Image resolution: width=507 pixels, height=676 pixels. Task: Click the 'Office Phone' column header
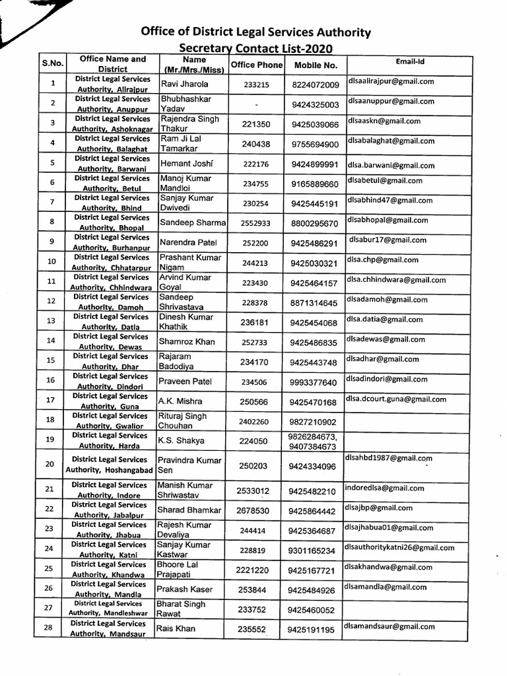257,65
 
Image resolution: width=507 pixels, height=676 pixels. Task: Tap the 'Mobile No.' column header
316,65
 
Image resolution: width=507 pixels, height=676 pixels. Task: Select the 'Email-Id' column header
410,61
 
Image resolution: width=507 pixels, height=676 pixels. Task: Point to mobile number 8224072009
316,85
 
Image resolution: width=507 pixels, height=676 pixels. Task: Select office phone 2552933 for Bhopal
256,224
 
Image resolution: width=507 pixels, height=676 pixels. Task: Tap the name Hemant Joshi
186,164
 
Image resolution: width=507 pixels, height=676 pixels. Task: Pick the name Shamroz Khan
187,342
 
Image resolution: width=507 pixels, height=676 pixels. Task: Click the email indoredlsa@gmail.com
384,488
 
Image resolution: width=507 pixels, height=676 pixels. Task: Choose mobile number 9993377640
313,383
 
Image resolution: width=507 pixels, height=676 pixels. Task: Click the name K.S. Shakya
181,441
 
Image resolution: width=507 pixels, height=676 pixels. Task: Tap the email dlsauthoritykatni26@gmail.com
399,547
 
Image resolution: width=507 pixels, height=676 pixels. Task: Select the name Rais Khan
176,628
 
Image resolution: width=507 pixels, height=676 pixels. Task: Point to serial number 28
48,628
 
